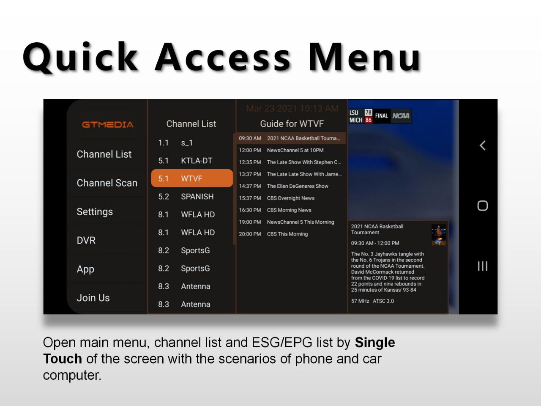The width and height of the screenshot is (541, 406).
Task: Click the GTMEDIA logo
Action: pyautogui.click(x=107, y=124)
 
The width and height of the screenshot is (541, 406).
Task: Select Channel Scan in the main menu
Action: pyautogui.click(x=107, y=183)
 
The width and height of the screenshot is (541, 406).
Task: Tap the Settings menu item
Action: pyautogui.click(x=95, y=212)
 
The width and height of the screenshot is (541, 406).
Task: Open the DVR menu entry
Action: pyautogui.click(x=86, y=240)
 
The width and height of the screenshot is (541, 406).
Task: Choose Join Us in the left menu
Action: pyautogui.click(x=93, y=298)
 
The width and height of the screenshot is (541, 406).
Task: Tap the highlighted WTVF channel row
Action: pyautogui.click(x=192, y=178)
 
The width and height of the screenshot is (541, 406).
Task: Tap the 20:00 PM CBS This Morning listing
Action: pyautogui.click(x=273, y=234)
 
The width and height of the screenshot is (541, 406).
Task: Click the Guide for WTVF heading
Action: pyautogui.click(x=292, y=124)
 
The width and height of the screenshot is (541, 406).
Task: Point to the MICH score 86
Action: pyautogui.click(x=368, y=120)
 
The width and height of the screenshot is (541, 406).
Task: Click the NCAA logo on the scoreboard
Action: pyautogui.click(x=401, y=116)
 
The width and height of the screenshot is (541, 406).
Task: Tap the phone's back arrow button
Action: pyautogui.click(x=483, y=145)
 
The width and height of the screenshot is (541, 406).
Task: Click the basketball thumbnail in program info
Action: pyautogui.click(x=438, y=235)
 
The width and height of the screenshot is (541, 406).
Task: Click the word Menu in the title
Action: pyautogui.click(x=364, y=58)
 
